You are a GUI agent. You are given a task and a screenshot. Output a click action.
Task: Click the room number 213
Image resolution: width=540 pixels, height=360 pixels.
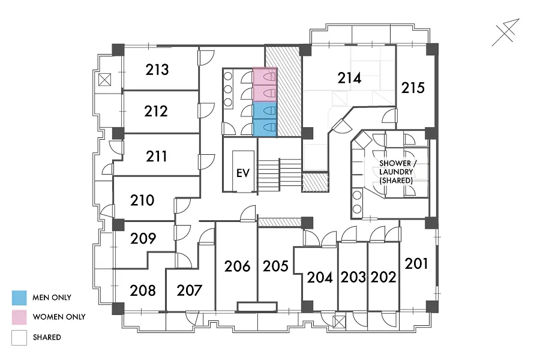(157, 70)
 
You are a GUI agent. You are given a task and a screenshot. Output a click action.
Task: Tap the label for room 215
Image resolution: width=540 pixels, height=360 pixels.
(413, 88)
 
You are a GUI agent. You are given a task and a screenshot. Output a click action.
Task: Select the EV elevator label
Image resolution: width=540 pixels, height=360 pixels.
(243, 173)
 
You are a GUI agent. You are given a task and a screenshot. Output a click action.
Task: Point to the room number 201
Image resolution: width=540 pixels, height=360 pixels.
(416, 263)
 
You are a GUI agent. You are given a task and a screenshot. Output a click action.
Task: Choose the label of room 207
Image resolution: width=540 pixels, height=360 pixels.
(190, 290)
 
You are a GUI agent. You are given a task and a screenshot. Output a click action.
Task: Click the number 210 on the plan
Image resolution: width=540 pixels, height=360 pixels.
(142, 200)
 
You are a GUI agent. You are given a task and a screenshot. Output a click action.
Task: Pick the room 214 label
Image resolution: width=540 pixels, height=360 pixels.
(349, 78)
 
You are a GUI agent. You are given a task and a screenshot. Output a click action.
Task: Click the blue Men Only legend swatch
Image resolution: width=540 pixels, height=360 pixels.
(19, 298)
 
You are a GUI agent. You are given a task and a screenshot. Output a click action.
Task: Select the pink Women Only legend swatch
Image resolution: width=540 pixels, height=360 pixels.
(19, 317)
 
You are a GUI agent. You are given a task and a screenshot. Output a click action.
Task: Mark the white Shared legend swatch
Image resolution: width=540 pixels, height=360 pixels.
(19, 338)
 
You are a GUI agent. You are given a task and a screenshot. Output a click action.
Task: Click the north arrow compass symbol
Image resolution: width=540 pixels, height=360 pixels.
(506, 32)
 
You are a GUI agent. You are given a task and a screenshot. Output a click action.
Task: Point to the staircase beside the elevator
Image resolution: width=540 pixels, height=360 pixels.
(278, 175)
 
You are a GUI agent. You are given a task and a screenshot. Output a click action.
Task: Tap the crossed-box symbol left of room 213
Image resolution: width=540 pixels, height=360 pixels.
(104, 80)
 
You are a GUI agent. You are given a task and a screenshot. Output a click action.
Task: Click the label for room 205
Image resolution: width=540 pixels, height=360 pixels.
(275, 266)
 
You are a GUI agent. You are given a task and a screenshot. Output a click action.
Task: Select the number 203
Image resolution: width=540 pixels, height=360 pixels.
(353, 277)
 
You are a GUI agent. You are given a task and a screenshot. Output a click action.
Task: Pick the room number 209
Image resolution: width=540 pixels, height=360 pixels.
(143, 238)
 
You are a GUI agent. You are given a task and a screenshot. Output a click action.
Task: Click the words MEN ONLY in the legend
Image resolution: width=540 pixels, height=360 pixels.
(52, 298)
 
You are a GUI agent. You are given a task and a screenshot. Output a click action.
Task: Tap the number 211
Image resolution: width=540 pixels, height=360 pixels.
(157, 157)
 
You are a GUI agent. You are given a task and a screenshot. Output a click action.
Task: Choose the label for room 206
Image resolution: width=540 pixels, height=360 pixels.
(237, 266)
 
